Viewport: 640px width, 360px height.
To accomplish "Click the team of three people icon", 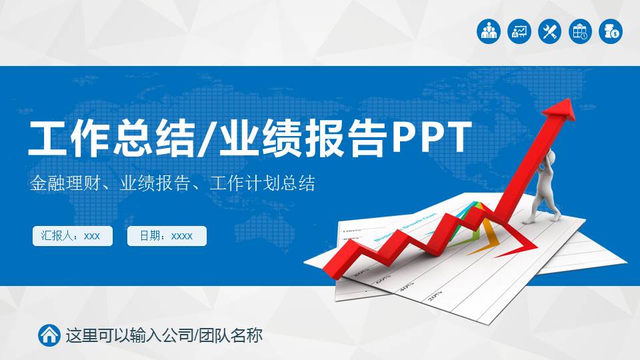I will (489, 31).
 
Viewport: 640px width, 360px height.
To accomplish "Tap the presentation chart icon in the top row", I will (519, 31).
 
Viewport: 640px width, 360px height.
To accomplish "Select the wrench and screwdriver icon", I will (550, 31).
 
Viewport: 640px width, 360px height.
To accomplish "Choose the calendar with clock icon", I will (580, 31).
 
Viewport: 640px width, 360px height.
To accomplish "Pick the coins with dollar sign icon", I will (611, 31).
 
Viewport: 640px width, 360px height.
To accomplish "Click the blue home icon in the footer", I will (49, 335).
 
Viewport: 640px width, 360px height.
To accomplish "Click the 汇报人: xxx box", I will (72, 236).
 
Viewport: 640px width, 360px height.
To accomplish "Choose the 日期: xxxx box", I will (167, 236).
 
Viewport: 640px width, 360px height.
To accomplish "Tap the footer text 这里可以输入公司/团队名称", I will (163, 335).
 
